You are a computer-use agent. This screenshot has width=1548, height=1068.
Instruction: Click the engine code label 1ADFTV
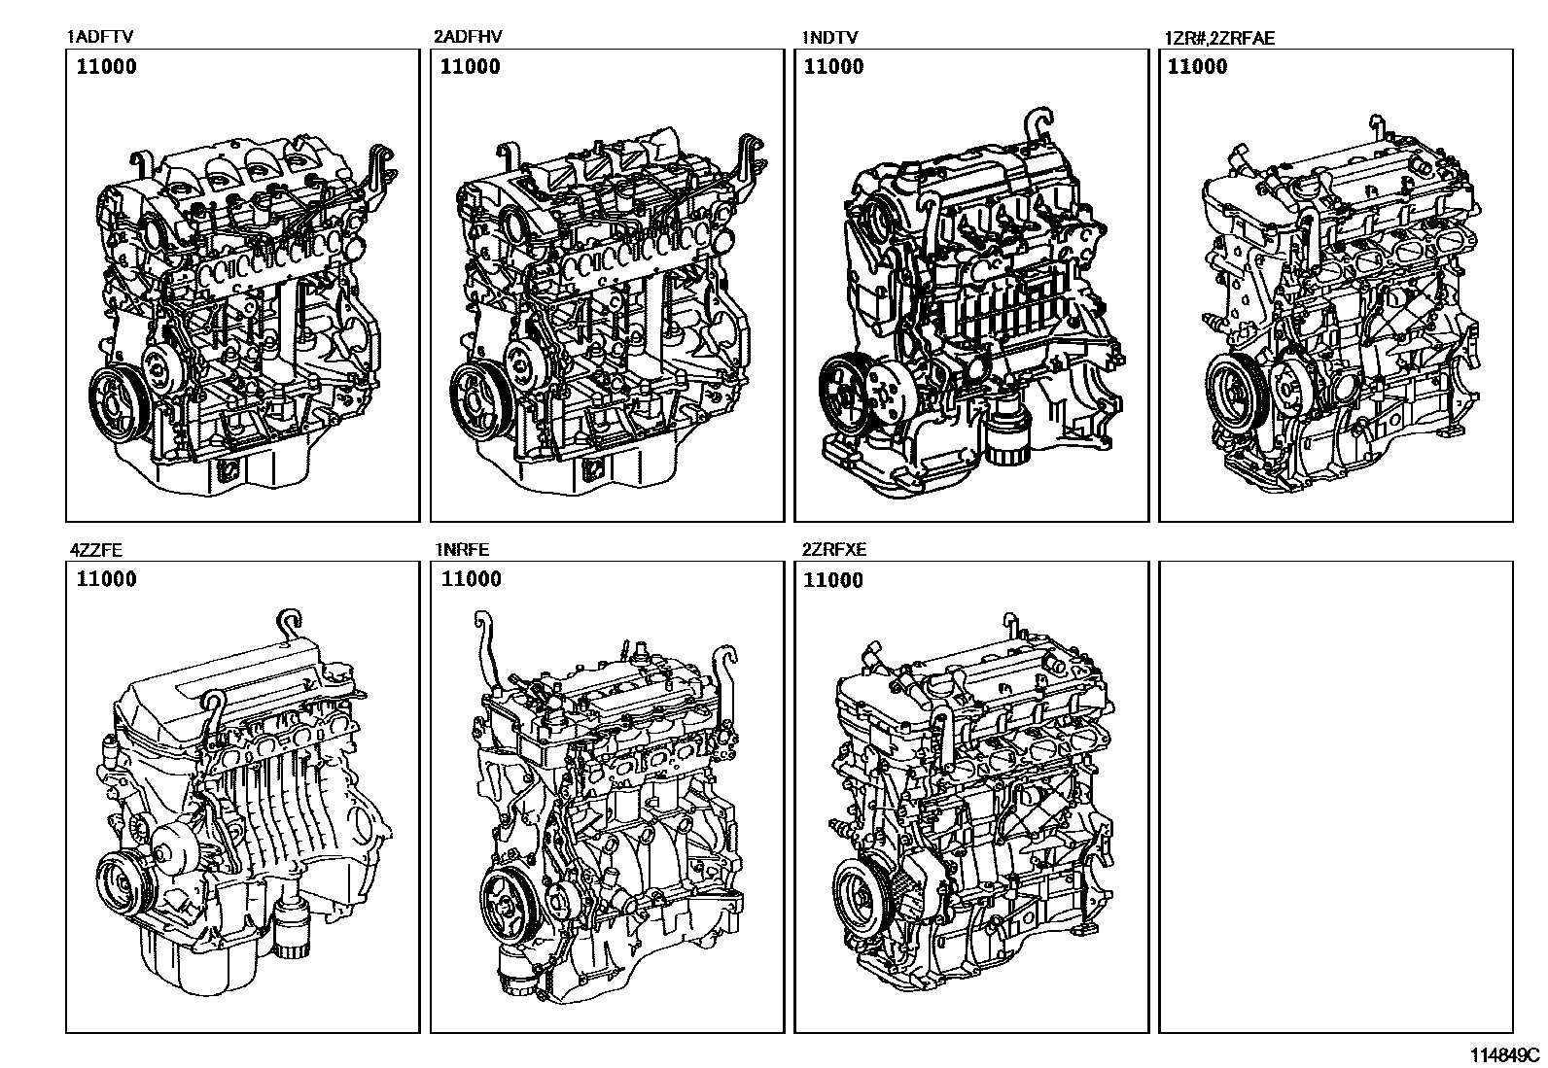pyautogui.click(x=100, y=37)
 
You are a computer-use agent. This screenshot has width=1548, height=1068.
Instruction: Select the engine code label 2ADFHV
pyautogui.click(x=468, y=37)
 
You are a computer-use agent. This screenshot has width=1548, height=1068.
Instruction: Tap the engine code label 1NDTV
pyautogui.click(x=829, y=37)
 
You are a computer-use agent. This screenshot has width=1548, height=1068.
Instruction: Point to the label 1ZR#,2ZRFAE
pyautogui.click(x=1219, y=38)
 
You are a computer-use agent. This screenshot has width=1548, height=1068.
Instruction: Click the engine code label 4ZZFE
pyautogui.click(x=95, y=550)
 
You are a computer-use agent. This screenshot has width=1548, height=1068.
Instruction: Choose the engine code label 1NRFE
pyautogui.click(x=462, y=549)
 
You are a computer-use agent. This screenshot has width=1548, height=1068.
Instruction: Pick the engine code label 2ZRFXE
pyautogui.click(x=833, y=549)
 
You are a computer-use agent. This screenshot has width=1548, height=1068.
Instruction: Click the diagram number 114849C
pyautogui.click(x=1504, y=1054)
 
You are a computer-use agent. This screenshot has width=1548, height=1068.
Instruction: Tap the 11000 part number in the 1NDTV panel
pyautogui.click(x=833, y=66)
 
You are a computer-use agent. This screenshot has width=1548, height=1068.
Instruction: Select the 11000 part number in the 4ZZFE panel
pyautogui.click(x=106, y=579)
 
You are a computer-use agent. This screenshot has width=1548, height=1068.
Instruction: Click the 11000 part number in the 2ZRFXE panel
pyautogui.click(x=832, y=579)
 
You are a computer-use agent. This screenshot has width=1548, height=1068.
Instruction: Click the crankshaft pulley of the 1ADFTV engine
pyautogui.click(x=116, y=400)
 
